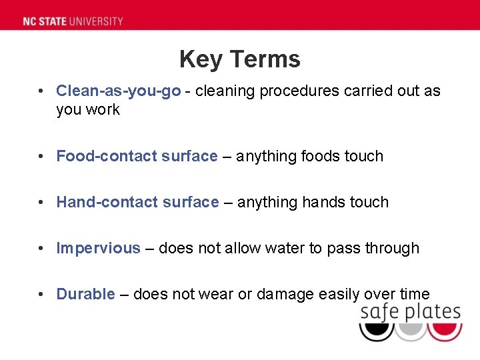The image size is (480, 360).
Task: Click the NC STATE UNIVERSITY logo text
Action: tap(73, 21)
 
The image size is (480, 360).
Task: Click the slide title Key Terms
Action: tap(240, 59)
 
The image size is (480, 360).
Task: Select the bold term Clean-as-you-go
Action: tap(118, 91)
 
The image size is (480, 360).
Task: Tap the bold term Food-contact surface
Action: tap(137, 156)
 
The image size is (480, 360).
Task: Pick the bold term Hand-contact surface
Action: tap(137, 202)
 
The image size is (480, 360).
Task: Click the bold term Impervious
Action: tap(98, 248)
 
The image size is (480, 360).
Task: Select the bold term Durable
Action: tap(85, 294)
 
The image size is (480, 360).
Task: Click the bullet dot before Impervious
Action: tap(41, 248)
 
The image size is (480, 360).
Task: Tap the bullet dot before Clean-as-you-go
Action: tap(41, 91)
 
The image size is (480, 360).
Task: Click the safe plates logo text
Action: tap(410, 312)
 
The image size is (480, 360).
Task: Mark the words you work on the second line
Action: tap(88, 109)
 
